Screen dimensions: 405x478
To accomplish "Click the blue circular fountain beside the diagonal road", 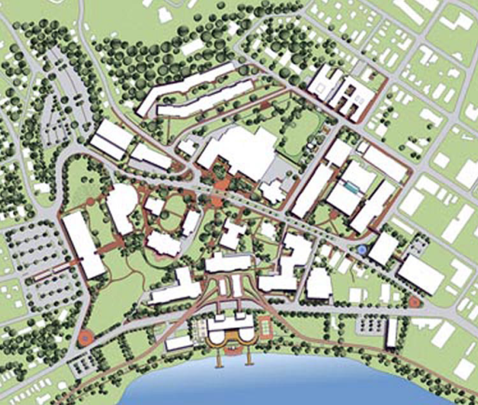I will click(362, 250).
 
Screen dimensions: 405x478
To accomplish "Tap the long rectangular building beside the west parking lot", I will click(84, 244).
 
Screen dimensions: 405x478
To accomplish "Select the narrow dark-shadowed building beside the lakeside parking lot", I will click(391, 333).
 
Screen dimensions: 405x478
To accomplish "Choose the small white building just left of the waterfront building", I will click(180, 343).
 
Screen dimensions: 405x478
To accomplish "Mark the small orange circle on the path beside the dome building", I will click(90, 202).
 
